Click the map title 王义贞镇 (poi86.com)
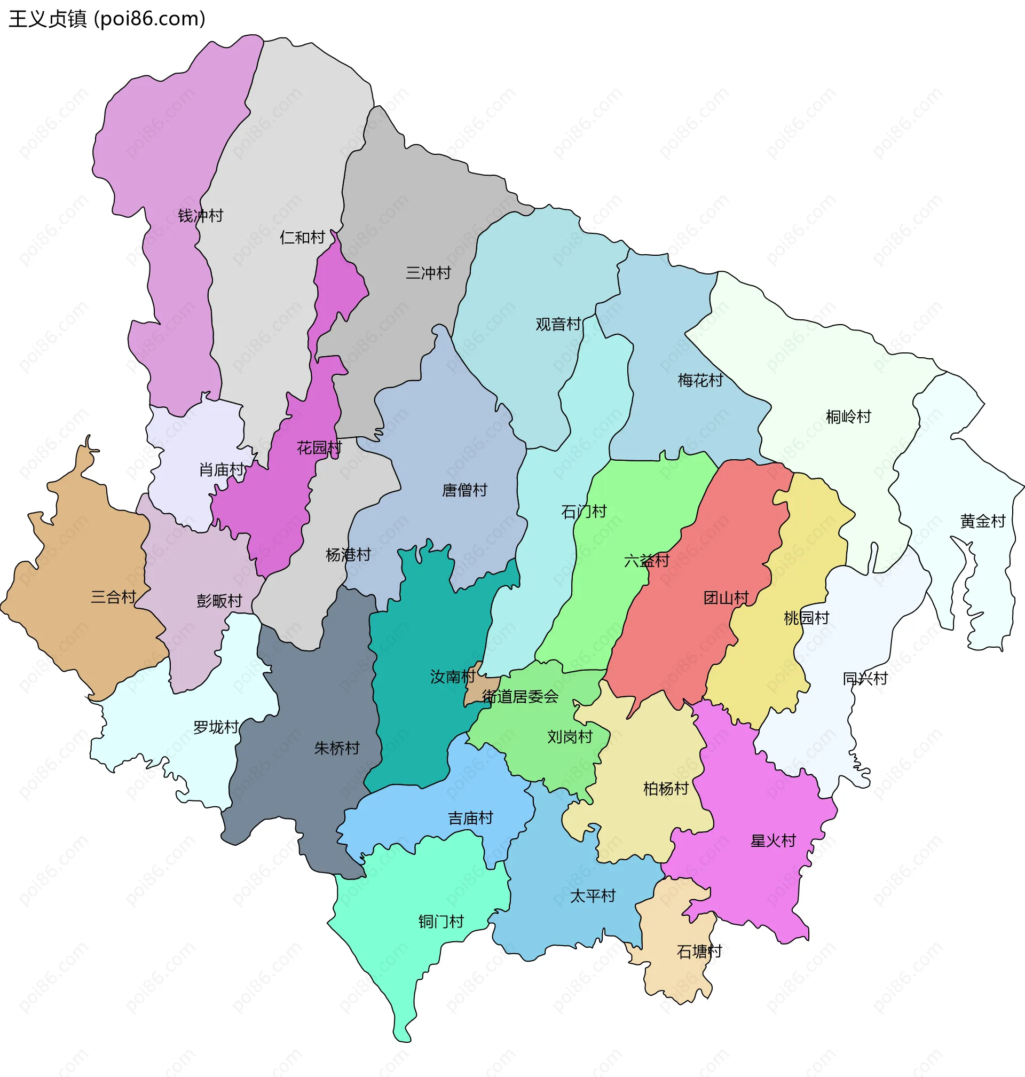pyautogui.click(x=107, y=19)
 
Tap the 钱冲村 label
pyautogui.click(x=201, y=216)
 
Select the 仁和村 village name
pyautogui.click(x=302, y=237)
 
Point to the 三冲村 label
pyautogui.click(x=428, y=273)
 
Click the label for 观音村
pyautogui.click(x=558, y=324)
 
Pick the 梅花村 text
pyautogui.click(x=700, y=380)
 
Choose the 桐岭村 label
pyautogui.click(x=848, y=417)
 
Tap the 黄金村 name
pyautogui.click(x=983, y=521)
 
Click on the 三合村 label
pyautogui.click(x=113, y=598)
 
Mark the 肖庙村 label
pyautogui.click(x=221, y=469)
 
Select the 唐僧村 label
pyautogui.click(x=464, y=490)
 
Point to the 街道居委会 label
pyautogui.click(x=520, y=697)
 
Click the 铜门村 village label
pyautogui.click(x=441, y=922)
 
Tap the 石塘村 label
pyautogui.click(x=699, y=952)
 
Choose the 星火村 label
pyautogui.click(x=773, y=841)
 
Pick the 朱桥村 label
pyautogui.click(x=336, y=749)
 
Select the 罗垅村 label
pyautogui.click(x=216, y=727)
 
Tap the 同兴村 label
pyautogui.click(x=865, y=679)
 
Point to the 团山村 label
pyautogui.click(x=726, y=598)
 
